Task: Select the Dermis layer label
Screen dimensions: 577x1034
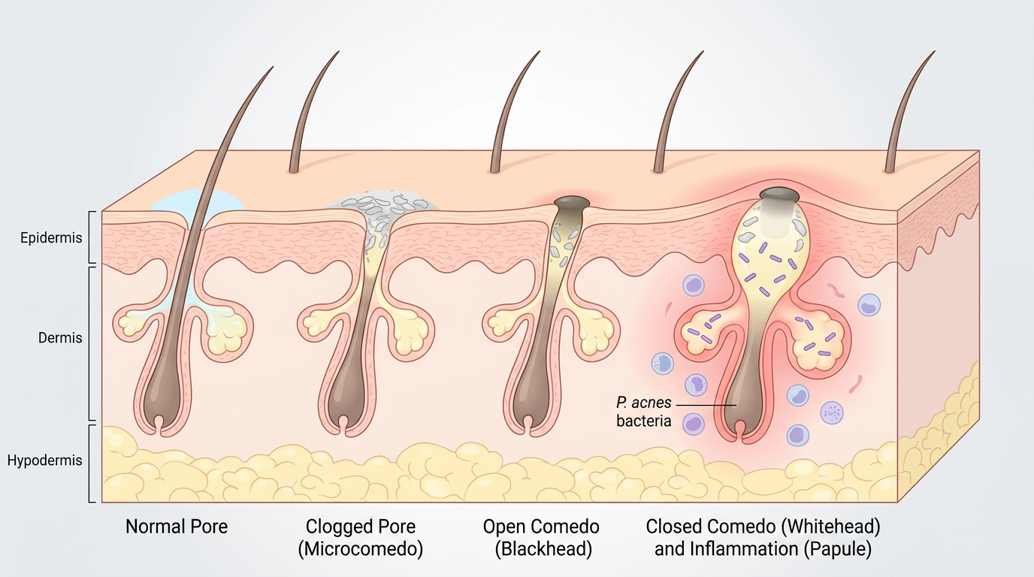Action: [60, 338]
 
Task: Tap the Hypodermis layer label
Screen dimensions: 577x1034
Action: [45, 461]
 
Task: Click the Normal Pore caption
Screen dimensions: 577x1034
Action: [177, 526]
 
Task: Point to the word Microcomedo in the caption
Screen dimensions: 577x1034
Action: [361, 549]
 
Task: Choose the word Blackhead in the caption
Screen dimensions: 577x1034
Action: [543, 549]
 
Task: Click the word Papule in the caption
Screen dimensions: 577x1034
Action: [836, 549]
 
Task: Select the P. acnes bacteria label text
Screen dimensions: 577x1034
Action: [644, 412]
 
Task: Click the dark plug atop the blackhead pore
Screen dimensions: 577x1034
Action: [571, 202]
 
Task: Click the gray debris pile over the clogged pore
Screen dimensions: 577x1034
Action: [383, 201]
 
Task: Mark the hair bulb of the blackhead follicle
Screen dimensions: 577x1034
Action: [531, 406]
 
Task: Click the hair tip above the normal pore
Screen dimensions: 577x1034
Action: [269, 70]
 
